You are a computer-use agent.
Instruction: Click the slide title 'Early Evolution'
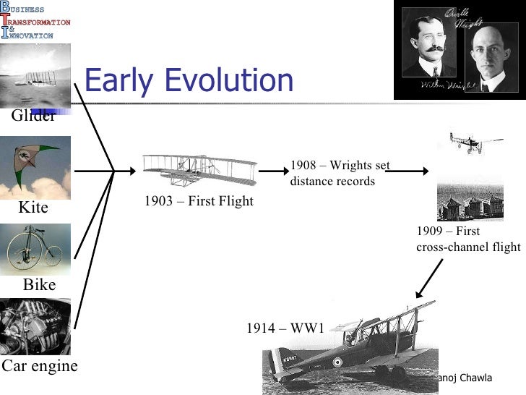click(x=189, y=81)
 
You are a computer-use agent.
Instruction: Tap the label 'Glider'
click(x=33, y=116)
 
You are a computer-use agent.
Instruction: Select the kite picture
click(x=35, y=167)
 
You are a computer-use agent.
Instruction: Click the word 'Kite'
click(x=33, y=208)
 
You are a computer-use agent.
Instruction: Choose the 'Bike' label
click(x=39, y=285)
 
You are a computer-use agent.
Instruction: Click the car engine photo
click(x=35, y=326)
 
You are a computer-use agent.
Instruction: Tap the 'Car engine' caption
click(x=39, y=366)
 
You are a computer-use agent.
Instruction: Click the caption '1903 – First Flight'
click(x=199, y=201)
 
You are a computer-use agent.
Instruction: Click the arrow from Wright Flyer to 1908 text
click(x=273, y=172)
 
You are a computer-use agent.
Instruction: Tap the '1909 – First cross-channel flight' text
click(x=468, y=239)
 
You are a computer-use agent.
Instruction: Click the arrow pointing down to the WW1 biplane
click(x=428, y=279)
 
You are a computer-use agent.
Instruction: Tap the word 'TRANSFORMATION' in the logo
click(x=40, y=22)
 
